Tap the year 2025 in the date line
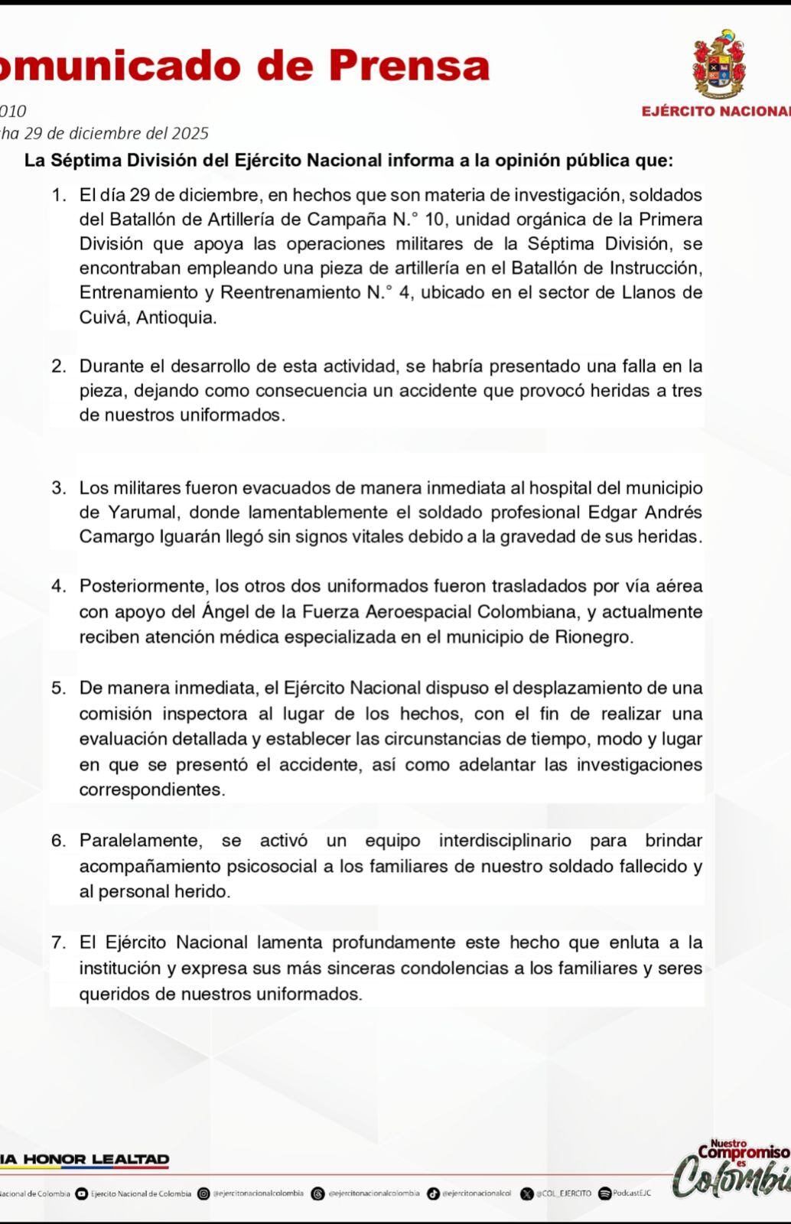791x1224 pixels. tap(190, 133)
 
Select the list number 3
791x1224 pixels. tap(59, 488)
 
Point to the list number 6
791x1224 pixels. tap(59, 841)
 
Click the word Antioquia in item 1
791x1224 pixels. tap(176, 318)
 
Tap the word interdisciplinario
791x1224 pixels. tap(505, 841)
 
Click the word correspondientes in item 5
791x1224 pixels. tap(152, 790)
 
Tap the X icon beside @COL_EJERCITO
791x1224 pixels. tap(526, 1193)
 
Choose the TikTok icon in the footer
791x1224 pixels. tap(433, 1193)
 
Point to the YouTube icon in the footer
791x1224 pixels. tap(82, 1193)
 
